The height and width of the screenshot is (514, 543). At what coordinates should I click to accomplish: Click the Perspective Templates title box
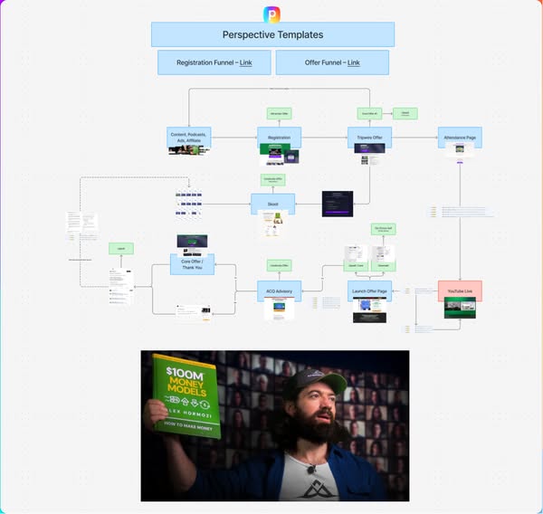pos(272,34)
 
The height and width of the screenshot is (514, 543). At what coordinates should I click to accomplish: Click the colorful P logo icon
pos(271,14)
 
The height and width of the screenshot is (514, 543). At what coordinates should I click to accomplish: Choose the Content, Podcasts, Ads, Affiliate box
pos(189,137)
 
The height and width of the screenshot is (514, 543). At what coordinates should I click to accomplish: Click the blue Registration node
pos(279,137)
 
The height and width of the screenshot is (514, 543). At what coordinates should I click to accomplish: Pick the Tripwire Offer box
pos(369,137)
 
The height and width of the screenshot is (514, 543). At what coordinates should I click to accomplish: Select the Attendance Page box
pos(460,137)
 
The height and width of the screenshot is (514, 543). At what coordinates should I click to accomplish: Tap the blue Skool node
pos(272,204)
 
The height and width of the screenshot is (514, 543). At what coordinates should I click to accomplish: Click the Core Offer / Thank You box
pos(192,263)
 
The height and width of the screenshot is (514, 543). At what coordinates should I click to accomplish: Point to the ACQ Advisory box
pos(279,290)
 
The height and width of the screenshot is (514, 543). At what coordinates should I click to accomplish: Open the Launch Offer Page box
pos(369,290)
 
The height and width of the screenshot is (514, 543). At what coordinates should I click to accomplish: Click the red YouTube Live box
pos(460,290)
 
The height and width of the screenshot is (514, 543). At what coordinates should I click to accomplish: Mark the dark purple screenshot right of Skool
pos(338,204)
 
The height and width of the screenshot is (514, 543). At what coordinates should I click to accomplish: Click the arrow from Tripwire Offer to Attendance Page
pos(414,137)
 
